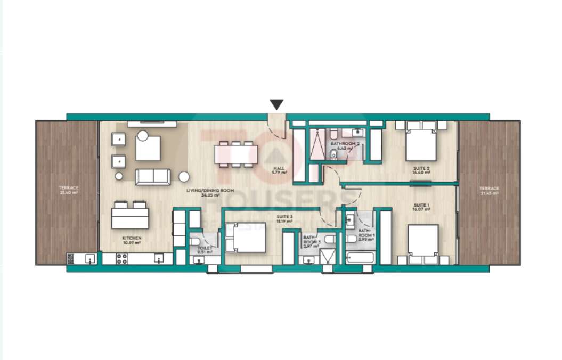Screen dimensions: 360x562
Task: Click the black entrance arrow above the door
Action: tap(276, 104)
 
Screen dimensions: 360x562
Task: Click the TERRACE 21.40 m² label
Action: tap(69, 190)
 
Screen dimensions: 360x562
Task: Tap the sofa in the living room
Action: tap(153, 177)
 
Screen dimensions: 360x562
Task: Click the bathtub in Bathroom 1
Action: tap(360, 259)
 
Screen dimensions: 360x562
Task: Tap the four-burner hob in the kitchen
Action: tap(121, 259)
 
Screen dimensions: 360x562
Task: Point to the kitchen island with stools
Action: tap(130, 217)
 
